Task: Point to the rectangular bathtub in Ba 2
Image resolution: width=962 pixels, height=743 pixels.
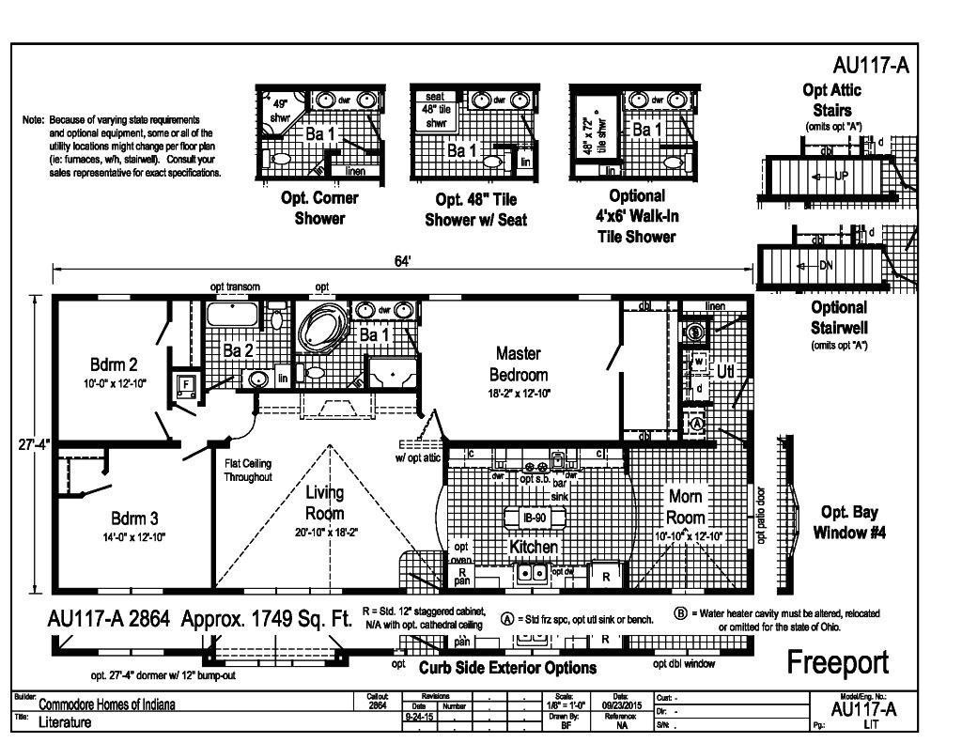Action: click(x=235, y=315)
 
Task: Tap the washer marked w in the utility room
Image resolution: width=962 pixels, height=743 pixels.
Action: click(x=698, y=362)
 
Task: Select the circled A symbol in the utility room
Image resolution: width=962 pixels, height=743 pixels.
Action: click(x=697, y=423)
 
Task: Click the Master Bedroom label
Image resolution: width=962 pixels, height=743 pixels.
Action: click(x=518, y=364)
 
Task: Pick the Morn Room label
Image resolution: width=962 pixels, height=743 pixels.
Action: click(x=685, y=505)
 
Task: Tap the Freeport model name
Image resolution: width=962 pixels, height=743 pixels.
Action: click(x=836, y=661)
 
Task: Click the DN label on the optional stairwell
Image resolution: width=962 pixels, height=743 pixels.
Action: click(x=825, y=265)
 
